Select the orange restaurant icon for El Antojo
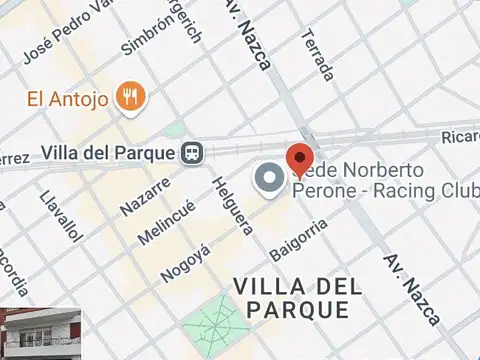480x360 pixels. click(131, 97)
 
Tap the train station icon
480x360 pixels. click(192, 153)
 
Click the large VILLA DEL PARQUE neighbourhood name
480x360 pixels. click(297, 298)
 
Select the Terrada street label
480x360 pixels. click(317, 54)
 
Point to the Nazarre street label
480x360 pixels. click(145, 193)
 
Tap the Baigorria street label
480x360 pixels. click(299, 240)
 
